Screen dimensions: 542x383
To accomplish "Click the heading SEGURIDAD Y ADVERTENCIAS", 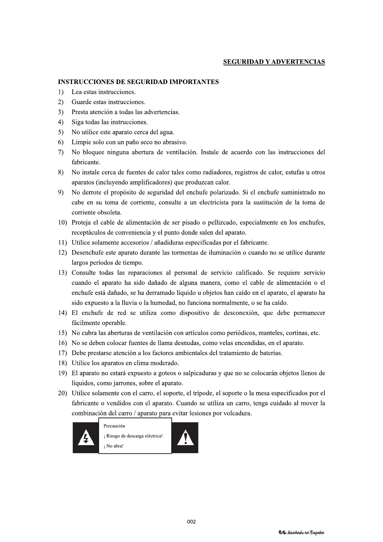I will (x=274, y=62).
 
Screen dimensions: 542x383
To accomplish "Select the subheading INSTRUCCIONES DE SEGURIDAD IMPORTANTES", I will (x=138, y=82).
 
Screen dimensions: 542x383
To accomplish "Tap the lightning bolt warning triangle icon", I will (x=85, y=438).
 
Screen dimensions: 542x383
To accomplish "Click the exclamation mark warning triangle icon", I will (x=185, y=438).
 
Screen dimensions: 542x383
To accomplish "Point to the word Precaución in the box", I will (x=114, y=426).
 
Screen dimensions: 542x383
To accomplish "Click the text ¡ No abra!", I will (x=114, y=446).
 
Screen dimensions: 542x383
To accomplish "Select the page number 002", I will (x=191, y=522).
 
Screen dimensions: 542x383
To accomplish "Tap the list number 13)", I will (x=62, y=273).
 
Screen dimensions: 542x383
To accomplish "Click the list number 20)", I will (x=62, y=393).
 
